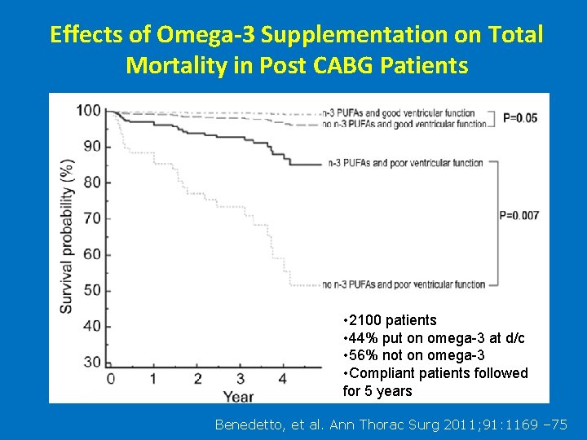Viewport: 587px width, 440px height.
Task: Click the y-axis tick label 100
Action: click(88, 111)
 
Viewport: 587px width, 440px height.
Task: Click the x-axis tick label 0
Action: click(111, 379)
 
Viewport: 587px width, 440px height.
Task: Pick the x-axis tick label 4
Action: click(283, 379)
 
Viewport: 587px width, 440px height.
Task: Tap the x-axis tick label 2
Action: click(197, 379)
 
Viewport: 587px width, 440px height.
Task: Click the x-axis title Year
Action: click(239, 397)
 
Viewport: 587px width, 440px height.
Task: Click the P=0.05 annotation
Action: click(520, 117)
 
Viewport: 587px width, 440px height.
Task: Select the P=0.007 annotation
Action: click(519, 215)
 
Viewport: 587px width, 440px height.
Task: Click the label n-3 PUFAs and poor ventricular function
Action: click(404, 163)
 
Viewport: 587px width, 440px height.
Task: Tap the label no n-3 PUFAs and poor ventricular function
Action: click(404, 284)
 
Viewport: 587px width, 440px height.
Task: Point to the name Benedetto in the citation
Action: click(249, 424)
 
